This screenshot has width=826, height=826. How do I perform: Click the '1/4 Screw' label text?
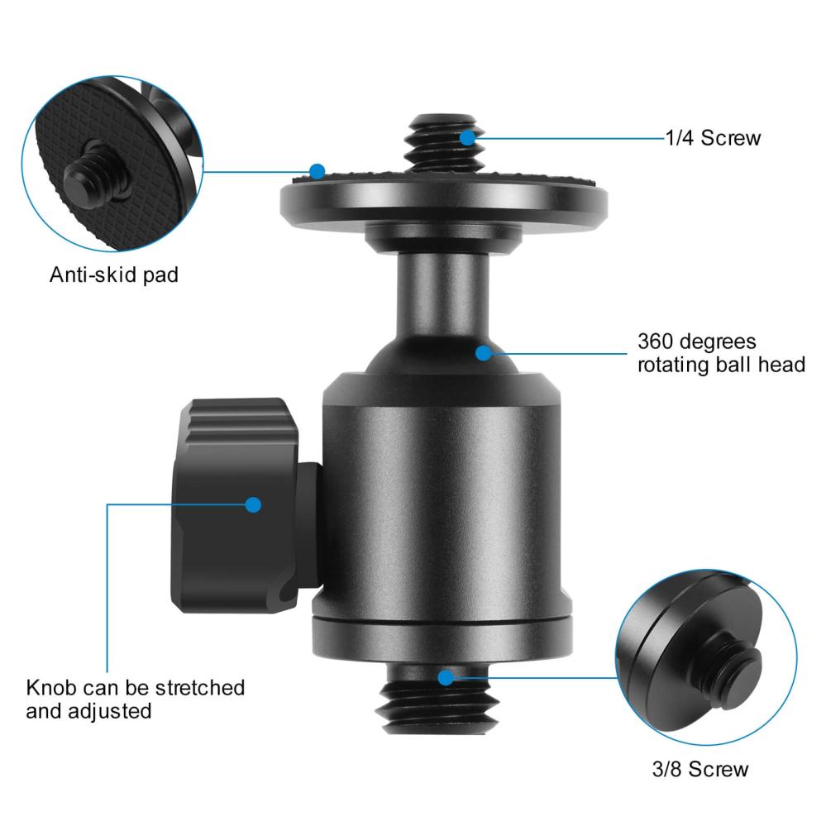click(x=713, y=138)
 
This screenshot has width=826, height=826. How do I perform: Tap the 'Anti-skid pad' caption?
click(x=113, y=275)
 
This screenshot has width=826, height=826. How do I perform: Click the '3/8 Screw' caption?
click(x=699, y=769)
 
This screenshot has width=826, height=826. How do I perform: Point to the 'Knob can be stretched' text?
click(x=136, y=687)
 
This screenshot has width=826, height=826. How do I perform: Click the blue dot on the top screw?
click(x=468, y=137)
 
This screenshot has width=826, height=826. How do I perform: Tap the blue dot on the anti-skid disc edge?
click(x=318, y=171)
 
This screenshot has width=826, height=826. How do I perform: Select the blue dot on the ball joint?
click(x=484, y=353)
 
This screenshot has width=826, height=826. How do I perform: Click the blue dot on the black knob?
click(x=253, y=504)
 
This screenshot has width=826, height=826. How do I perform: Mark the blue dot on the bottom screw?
click(x=446, y=678)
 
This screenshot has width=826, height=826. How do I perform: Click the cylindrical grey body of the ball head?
click(x=442, y=496)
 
